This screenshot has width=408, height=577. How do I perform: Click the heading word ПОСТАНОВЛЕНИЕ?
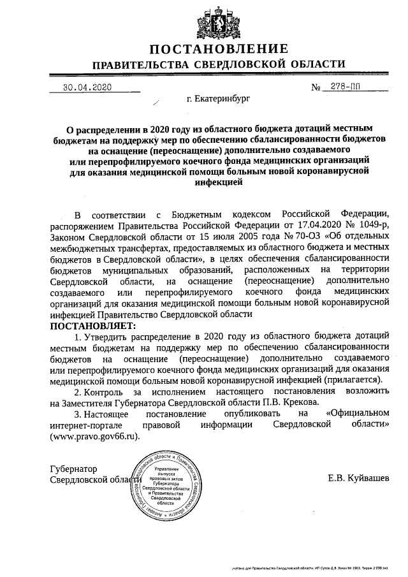click(219, 49)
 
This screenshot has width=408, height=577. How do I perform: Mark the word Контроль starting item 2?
click(107, 390)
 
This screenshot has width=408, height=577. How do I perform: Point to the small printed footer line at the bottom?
click(312, 566)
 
